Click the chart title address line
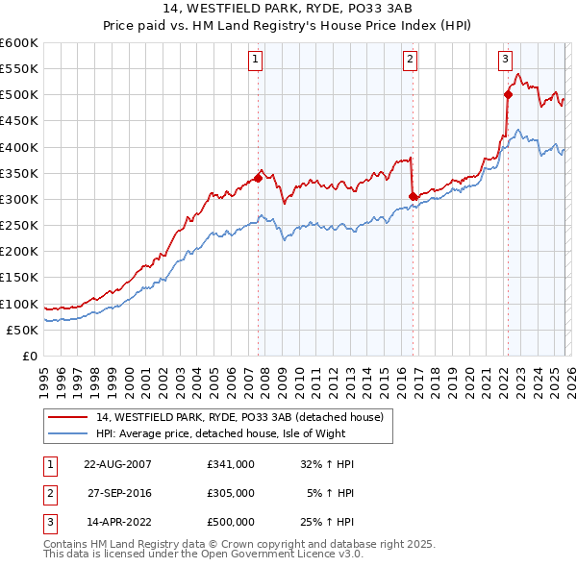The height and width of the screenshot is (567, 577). pos(288,9)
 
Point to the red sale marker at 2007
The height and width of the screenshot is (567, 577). pos(258,178)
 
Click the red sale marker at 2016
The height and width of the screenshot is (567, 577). pos(413,196)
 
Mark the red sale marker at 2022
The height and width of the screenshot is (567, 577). pos(507,94)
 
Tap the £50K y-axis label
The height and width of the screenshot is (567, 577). pos(22,330)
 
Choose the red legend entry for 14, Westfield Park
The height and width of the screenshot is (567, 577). pos(239,417)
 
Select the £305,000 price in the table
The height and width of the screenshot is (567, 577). pos(231,493)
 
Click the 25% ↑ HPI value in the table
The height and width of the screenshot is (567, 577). pos(330,522)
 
